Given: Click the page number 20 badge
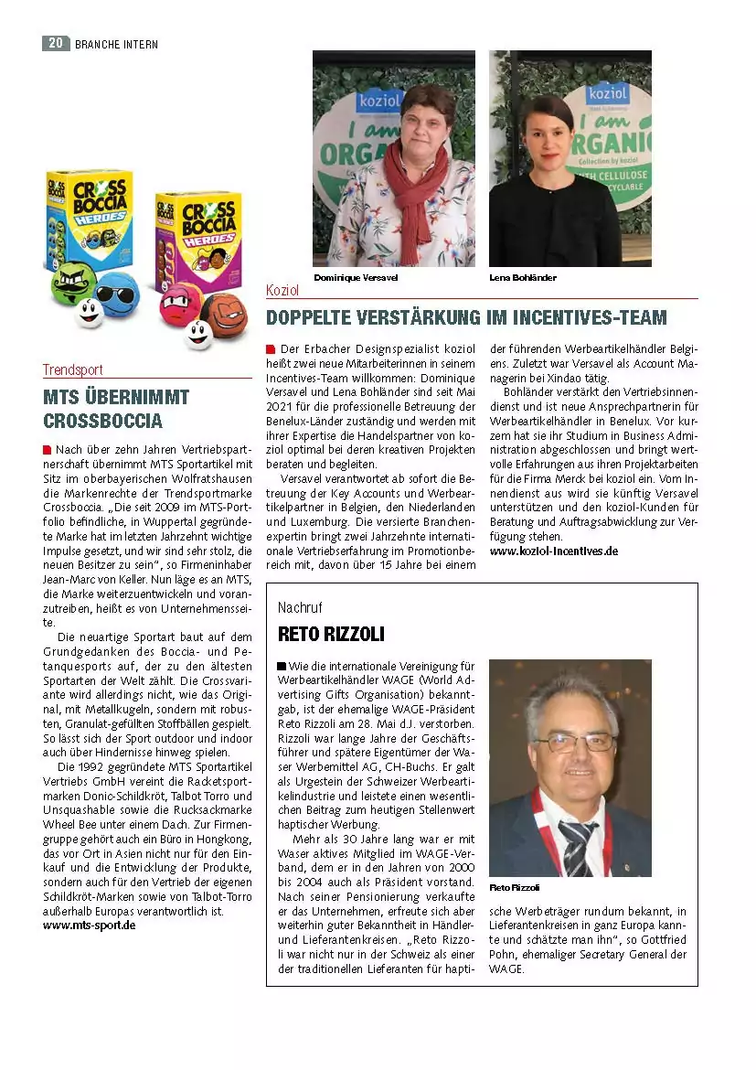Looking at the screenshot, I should click(55, 43).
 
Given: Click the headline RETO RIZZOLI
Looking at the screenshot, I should click(331, 634).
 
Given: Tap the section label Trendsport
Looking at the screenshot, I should click(72, 370).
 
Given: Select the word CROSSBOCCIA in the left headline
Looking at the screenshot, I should click(102, 422).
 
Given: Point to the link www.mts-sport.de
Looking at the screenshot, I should click(89, 925).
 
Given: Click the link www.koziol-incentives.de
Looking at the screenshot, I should click(553, 551).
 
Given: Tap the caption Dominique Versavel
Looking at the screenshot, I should click(356, 277).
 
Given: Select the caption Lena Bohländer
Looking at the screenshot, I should click(522, 277).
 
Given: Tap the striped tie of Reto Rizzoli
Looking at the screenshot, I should click(578, 845).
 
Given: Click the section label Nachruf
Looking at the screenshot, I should click(300, 607).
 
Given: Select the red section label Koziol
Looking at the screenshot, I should click(282, 290).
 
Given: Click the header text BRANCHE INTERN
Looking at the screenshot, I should click(116, 44).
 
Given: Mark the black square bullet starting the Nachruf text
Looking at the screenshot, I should click(282, 666).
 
